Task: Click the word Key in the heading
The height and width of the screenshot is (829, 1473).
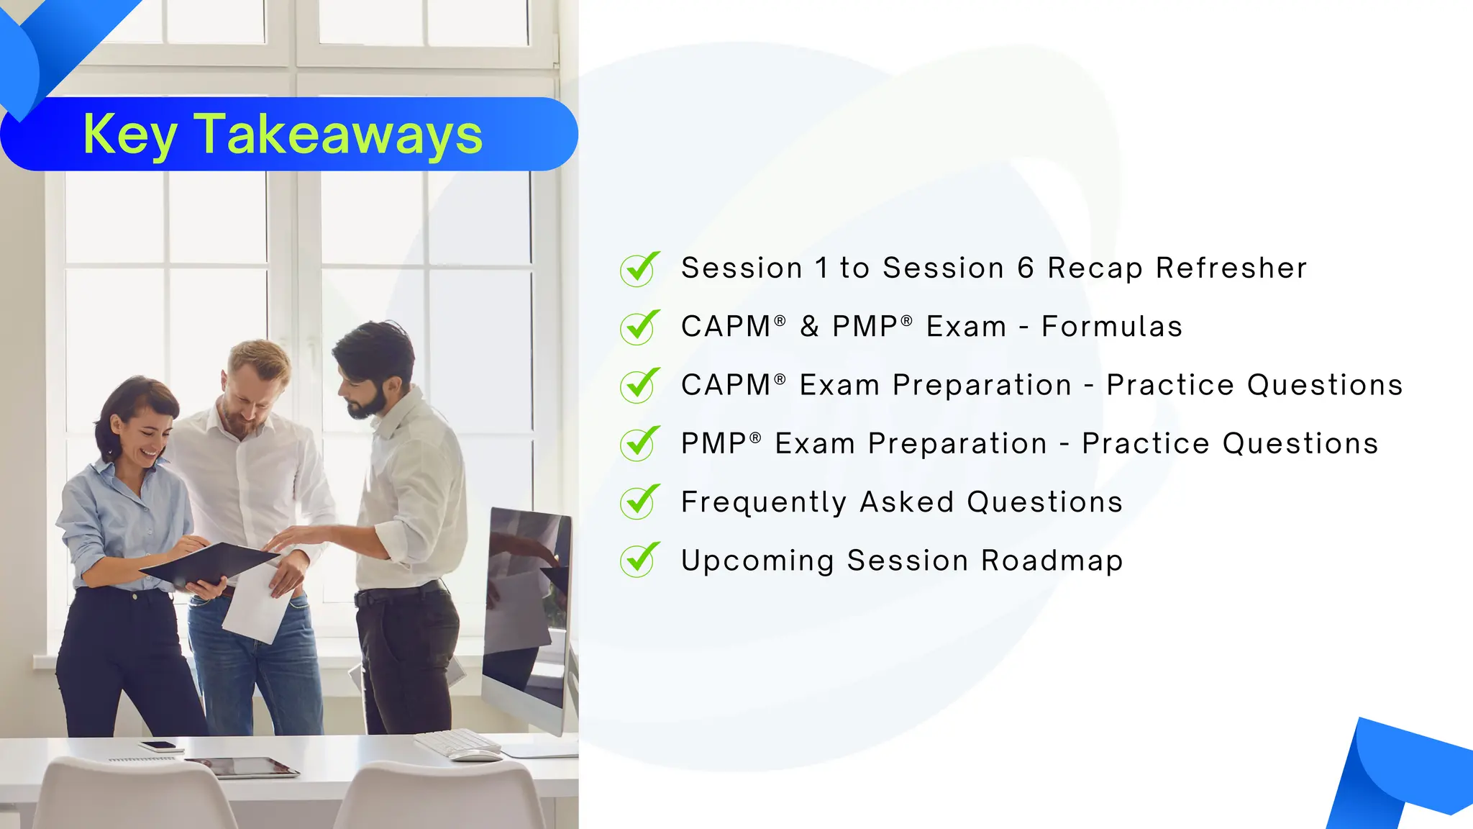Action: (129, 135)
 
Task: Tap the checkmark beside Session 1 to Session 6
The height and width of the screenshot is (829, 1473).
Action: (639, 269)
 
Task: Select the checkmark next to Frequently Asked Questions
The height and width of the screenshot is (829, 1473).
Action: (639, 502)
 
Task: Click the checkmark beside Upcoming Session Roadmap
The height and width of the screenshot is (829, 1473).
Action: (639, 561)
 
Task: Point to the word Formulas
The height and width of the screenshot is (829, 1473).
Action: (1111, 327)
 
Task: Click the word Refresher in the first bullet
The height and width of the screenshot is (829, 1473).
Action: (1231, 268)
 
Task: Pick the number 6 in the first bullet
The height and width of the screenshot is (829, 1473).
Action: (1026, 268)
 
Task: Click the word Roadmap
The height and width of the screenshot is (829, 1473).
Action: (1052, 561)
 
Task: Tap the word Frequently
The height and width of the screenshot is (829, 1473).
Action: (763, 503)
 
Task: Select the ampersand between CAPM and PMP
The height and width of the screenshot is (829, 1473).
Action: (809, 327)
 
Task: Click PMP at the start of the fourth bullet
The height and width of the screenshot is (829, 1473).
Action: (713, 444)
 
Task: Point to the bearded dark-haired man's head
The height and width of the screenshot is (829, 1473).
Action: (373, 371)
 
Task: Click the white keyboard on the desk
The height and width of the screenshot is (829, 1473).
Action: (457, 741)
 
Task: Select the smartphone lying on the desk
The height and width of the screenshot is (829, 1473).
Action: (157, 746)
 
